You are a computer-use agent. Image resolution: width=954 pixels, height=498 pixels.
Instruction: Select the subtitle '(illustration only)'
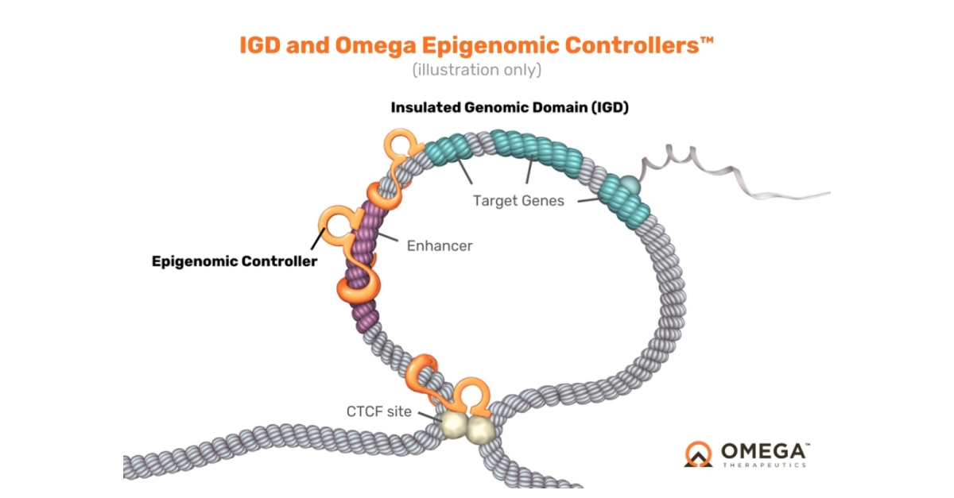(x=476, y=70)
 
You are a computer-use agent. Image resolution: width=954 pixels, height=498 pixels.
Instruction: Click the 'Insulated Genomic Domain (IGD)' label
(x=510, y=107)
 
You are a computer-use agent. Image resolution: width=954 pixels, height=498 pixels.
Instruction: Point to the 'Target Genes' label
(x=518, y=201)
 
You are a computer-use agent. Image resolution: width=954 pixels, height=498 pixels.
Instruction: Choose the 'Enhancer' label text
(x=440, y=245)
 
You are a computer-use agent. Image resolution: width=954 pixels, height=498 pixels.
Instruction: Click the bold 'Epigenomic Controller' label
(x=235, y=261)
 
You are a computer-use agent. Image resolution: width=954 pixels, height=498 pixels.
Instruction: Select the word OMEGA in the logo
(x=765, y=452)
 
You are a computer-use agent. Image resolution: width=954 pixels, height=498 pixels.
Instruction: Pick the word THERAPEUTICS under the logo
(x=764, y=465)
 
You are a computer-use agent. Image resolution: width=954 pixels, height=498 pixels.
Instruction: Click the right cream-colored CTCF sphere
(x=479, y=430)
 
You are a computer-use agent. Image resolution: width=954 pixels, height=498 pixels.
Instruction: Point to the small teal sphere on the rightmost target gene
(x=630, y=184)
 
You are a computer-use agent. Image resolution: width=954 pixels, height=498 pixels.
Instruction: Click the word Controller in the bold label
(x=281, y=261)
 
